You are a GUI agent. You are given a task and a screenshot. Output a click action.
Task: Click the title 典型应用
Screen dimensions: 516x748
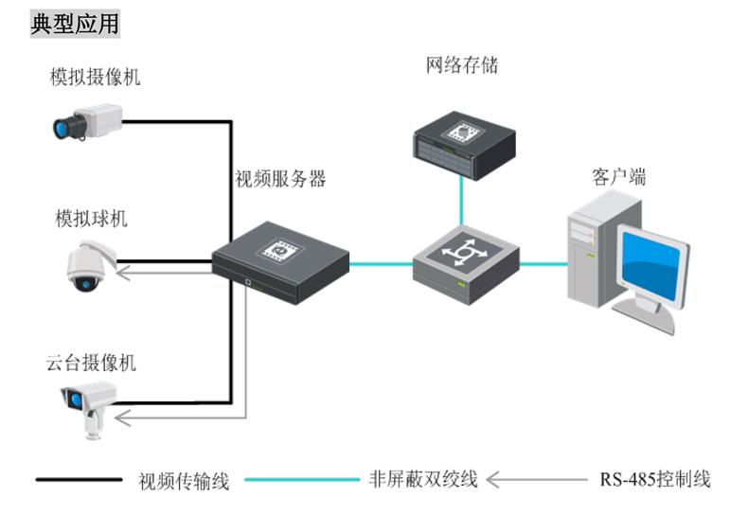[x=76, y=23]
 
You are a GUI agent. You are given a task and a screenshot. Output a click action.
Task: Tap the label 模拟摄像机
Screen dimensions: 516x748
[x=95, y=77]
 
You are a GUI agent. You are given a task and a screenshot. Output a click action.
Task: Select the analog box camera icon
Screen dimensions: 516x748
[x=86, y=122]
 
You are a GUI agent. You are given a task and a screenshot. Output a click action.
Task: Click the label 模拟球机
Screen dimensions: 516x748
[x=91, y=219]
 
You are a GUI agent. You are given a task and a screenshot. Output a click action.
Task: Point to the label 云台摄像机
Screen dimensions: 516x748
[x=91, y=363]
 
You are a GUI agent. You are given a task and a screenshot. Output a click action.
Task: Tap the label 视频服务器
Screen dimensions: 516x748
[x=280, y=178]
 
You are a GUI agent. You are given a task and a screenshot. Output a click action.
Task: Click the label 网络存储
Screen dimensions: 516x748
[x=462, y=65]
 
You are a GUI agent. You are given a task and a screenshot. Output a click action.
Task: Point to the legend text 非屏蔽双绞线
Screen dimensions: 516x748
[x=423, y=479]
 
